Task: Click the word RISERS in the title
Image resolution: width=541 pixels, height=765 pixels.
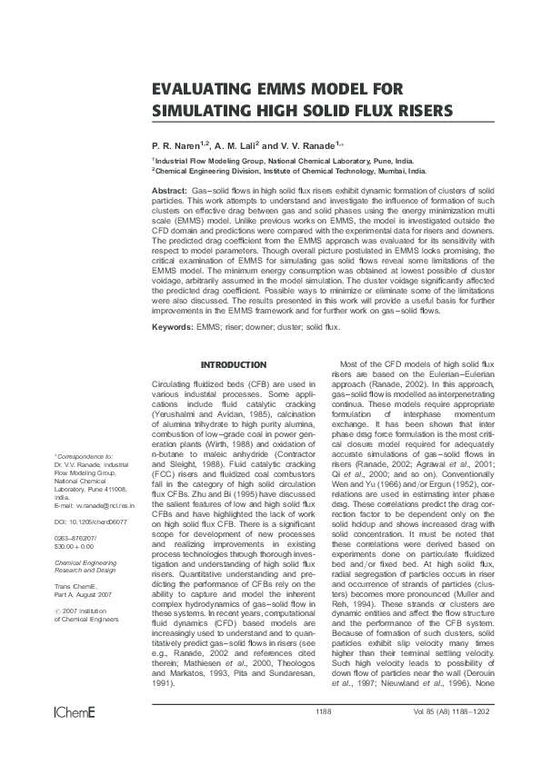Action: pos(414,111)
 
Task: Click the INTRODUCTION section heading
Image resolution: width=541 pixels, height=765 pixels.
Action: pos(233,364)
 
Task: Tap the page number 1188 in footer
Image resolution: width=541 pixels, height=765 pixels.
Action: pos(324,736)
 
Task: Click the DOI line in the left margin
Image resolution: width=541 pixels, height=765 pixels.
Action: pos(91,497)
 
